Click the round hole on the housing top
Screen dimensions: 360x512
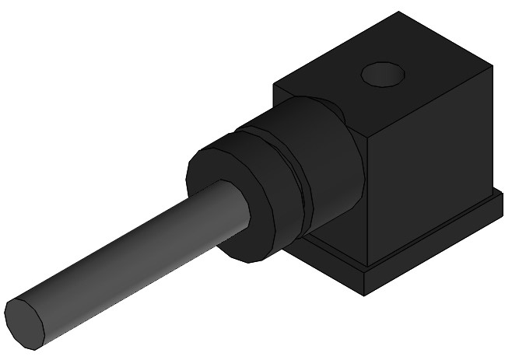pos(384,75)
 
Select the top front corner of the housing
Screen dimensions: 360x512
pos(366,134)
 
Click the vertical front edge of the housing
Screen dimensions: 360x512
pos(366,202)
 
